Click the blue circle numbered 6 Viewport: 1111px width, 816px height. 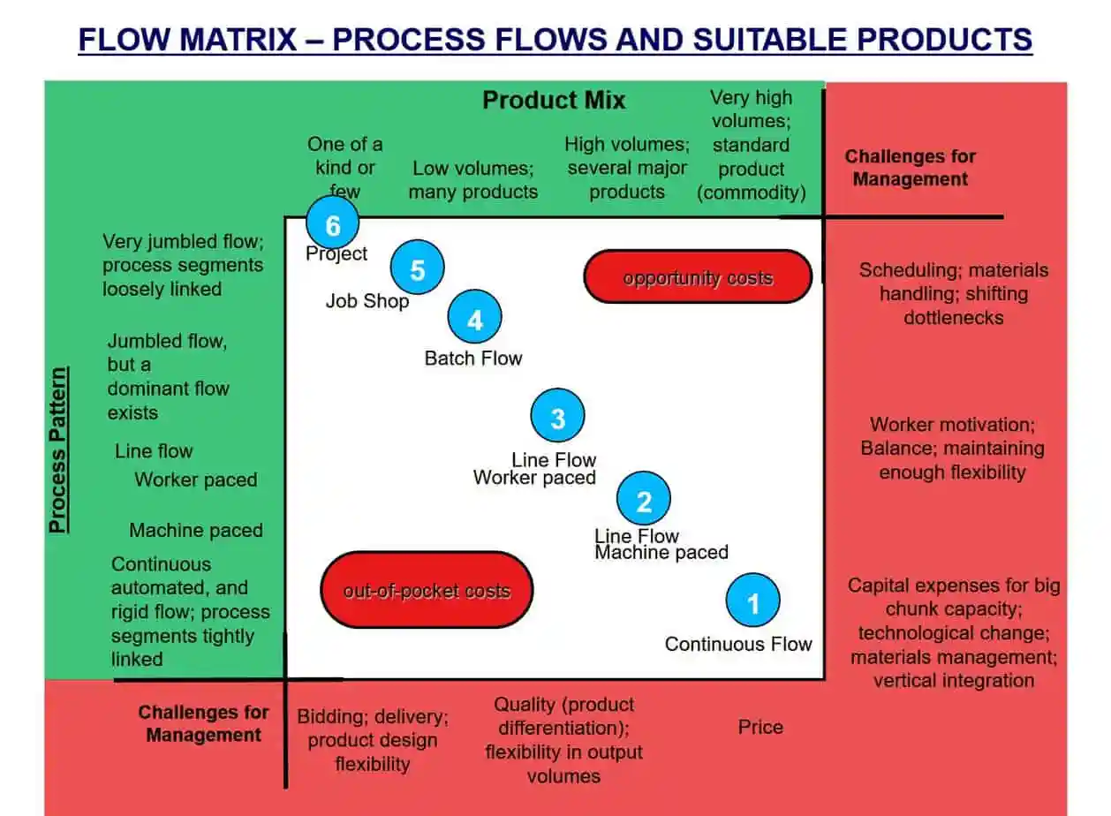tap(332, 223)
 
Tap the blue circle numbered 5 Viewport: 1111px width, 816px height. tap(417, 267)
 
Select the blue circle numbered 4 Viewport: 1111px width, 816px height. tap(474, 316)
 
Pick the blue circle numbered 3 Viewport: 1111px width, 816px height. tap(557, 415)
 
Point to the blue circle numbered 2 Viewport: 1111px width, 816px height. tap(644, 498)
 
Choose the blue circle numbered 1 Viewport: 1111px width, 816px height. tap(753, 601)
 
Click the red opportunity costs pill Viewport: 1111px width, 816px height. tap(698, 276)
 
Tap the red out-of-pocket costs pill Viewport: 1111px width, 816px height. tap(427, 590)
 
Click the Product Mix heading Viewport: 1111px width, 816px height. tap(554, 100)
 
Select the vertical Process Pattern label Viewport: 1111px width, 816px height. tap(58, 450)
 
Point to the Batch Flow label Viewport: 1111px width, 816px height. tap(473, 359)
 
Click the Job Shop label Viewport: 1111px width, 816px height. tap(367, 301)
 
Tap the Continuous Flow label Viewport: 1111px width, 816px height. tap(738, 644)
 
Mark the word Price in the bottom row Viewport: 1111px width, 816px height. tap(760, 727)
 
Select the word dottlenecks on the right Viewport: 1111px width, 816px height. tap(953, 317)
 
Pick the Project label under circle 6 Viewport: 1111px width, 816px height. tap(336, 254)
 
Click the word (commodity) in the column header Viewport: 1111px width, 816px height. tap(751, 193)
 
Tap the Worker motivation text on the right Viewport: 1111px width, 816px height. tap(952, 425)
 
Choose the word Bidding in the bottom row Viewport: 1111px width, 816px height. tap(331, 717)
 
